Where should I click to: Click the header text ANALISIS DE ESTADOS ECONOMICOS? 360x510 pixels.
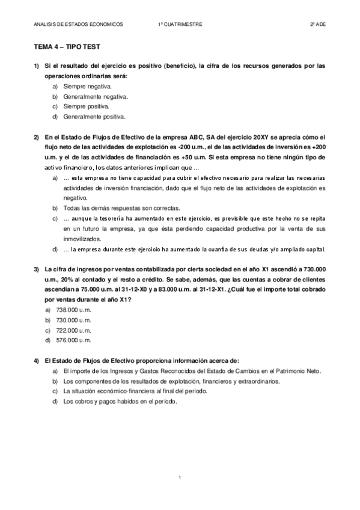pos(79,24)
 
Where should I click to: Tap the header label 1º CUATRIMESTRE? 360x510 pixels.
pos(180,24)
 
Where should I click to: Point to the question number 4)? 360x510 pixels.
pos(36,360)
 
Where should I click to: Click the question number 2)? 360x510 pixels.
pos(36,137)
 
